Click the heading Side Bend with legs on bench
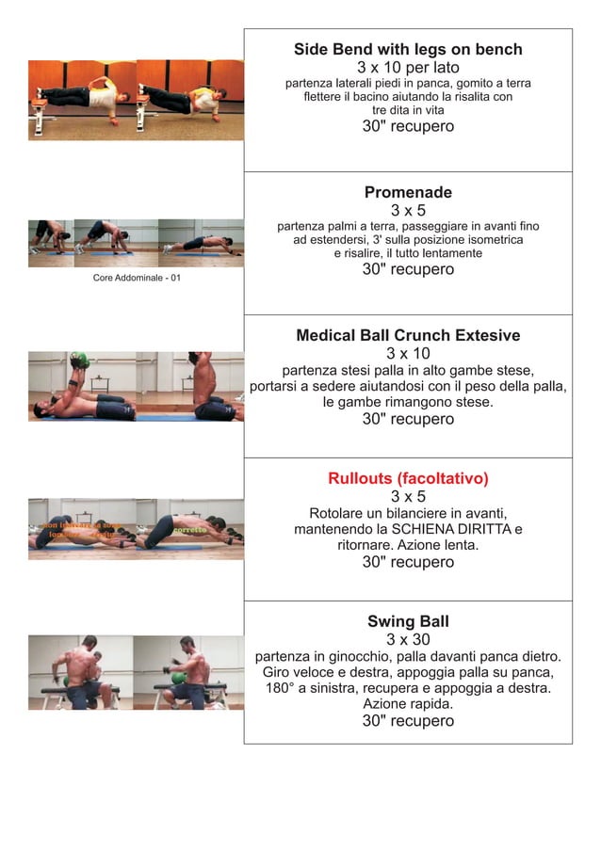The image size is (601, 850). point(408,50)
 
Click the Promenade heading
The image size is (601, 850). point(408,193)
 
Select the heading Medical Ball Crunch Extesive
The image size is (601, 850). point(408,336)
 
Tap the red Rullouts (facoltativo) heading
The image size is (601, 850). point(408,479)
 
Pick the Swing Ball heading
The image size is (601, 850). point(408,622)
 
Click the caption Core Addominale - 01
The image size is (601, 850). point(137,278)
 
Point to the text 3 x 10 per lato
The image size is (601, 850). point(408,68)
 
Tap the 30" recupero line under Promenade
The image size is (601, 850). point(408,270)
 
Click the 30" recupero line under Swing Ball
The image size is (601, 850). point(408,722)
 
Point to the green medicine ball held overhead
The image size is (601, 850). point(79,359)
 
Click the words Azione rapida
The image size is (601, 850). point(408,704)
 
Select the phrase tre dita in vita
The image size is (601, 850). point(408,110)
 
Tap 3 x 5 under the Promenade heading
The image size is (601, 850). point(408,211)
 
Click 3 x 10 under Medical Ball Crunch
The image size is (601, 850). point(408,354)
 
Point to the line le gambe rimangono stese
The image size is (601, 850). point(408,402)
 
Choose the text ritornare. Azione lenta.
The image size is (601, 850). point(408,545)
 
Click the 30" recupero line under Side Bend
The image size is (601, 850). point(408,127)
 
